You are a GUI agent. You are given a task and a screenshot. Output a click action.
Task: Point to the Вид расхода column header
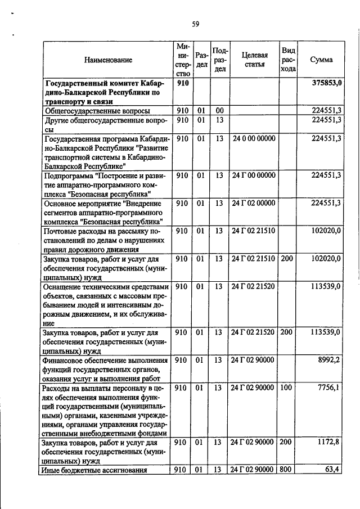pyautogui.click(x=288, y=60)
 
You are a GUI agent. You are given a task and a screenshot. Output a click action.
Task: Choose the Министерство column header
pyautogui.click(x=182, y=60)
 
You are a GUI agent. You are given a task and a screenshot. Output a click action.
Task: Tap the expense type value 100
pyautogui.click(x=287, y=388)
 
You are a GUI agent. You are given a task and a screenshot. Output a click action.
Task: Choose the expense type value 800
pyautogui.click(x=287, y=470)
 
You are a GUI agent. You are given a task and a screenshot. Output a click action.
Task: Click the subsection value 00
pyautogui.click(x=219, y=111)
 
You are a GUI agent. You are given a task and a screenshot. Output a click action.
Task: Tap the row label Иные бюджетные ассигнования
pyautogui.click(x=94, y=470)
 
